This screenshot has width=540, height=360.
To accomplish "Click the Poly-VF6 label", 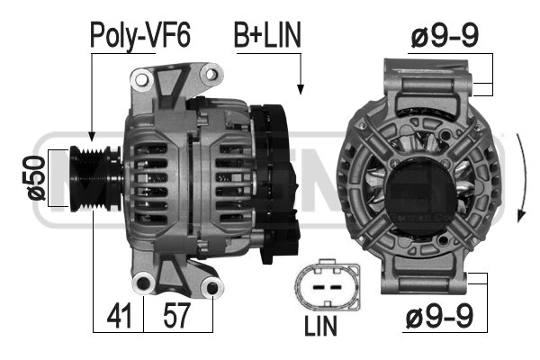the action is tap(140, 35).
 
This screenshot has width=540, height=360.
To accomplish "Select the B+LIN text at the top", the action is tap(267, 35).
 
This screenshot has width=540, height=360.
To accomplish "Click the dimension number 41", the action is tap(119, 316).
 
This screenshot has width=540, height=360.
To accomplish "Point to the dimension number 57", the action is tap(176, 316).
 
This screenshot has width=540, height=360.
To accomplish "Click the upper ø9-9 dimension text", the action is tap(445, 36).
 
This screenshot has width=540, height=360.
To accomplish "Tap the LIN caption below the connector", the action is tap(320, 326).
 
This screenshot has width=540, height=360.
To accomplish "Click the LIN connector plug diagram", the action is tap(328, 285).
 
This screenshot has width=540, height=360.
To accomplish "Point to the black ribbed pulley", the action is tap(95, 178).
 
